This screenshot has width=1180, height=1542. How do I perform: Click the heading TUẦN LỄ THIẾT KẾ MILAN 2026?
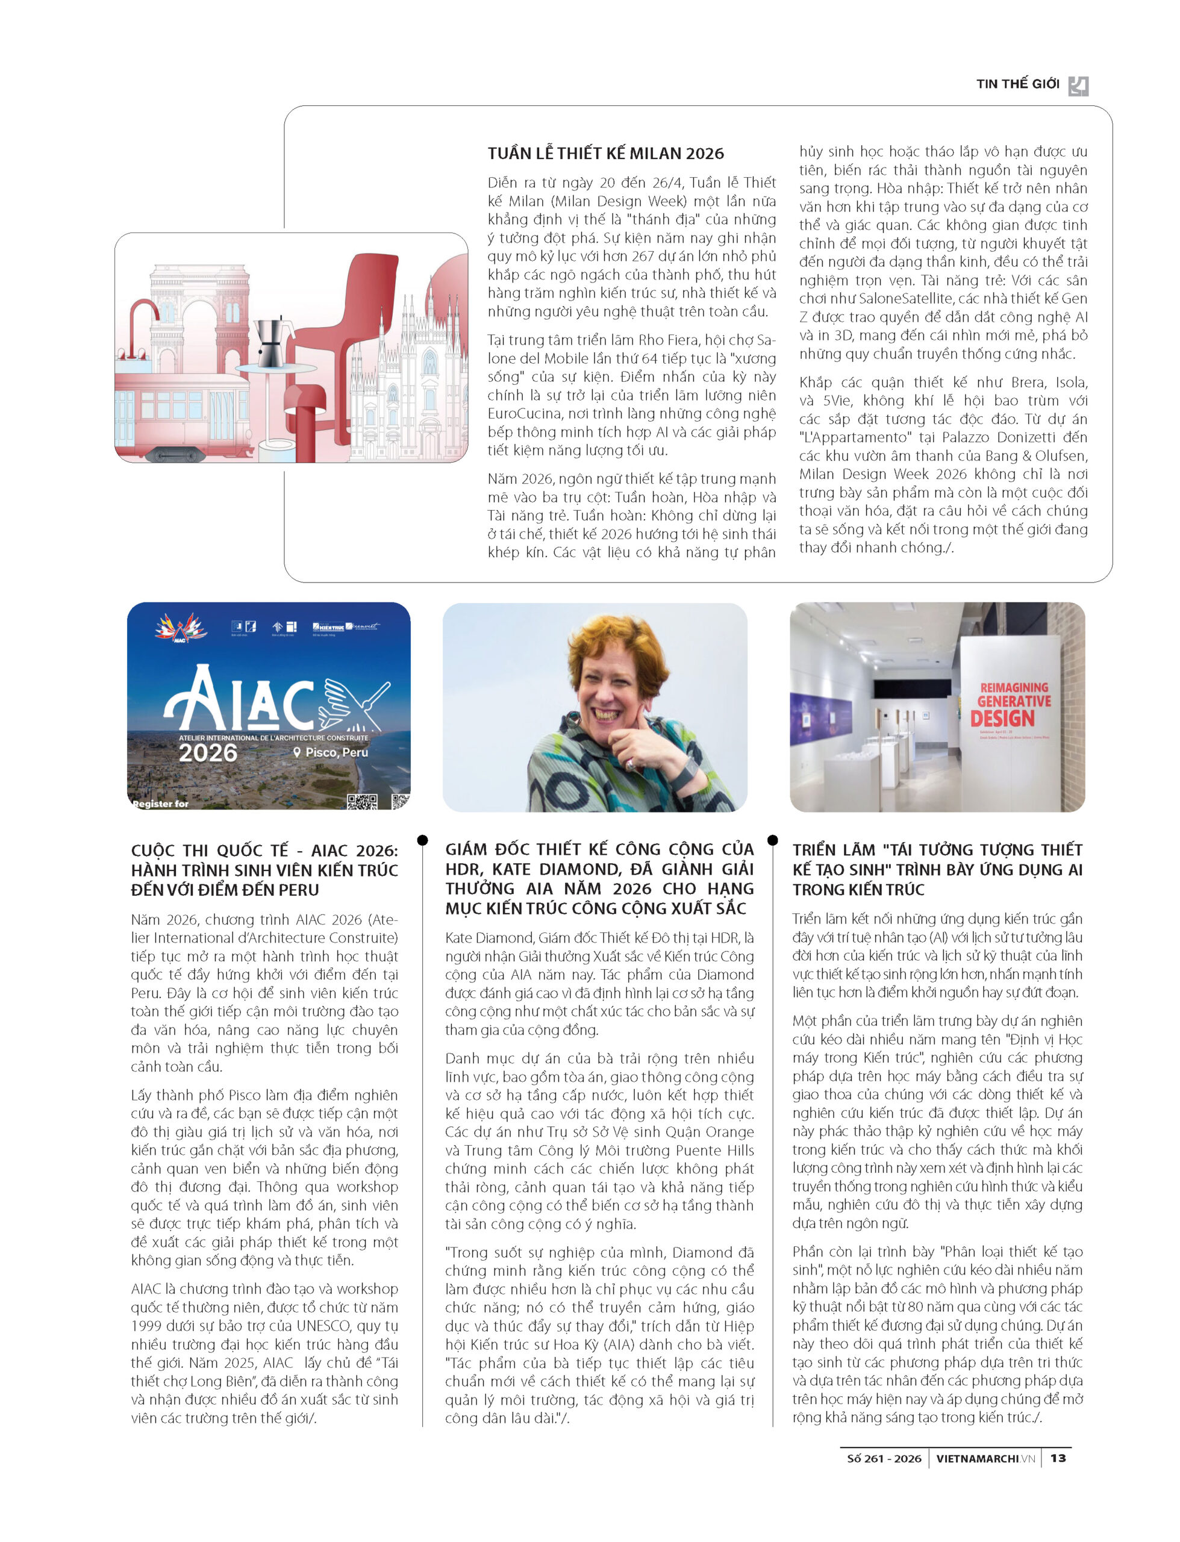click(605, 154)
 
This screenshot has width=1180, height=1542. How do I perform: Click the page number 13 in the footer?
click(1058, 1458)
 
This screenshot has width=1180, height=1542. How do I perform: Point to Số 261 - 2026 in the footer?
click(884, 1458)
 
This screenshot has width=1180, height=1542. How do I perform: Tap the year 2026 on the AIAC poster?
click(208, 754)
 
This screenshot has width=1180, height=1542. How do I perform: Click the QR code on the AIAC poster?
click(362, 801)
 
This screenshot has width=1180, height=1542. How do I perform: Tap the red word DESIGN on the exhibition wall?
click(1002, 719)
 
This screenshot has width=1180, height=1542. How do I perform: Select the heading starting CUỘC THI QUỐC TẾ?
click(264, 870)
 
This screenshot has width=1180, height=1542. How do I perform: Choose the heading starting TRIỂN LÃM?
click(937, 869)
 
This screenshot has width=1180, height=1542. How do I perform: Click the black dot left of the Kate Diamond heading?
click(422, 840)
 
